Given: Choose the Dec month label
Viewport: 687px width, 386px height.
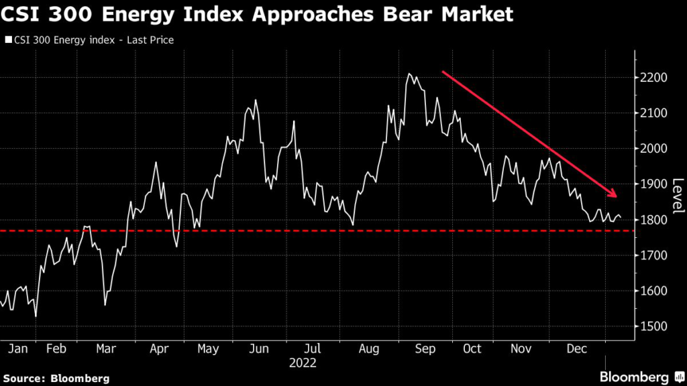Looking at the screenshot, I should click(x=577, y=350).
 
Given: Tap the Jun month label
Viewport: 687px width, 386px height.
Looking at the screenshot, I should click(x=258, y=350).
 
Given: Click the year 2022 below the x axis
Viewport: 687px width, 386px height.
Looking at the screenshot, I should click(x=302, y=363).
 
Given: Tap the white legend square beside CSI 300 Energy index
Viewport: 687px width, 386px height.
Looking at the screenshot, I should click(x=8, y=40).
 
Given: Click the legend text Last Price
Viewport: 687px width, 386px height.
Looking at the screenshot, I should click(x=151, y=40).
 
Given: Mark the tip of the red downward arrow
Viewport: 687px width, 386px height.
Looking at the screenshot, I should click(x=615, y=196).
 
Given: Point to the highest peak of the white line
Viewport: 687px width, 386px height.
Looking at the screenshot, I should click(x=409, y=74).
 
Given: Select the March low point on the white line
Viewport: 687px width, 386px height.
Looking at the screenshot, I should click(x=105, y=305).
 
